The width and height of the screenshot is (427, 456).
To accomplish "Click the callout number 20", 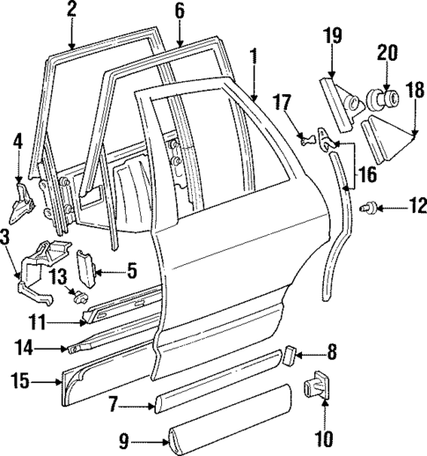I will [388, 53].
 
